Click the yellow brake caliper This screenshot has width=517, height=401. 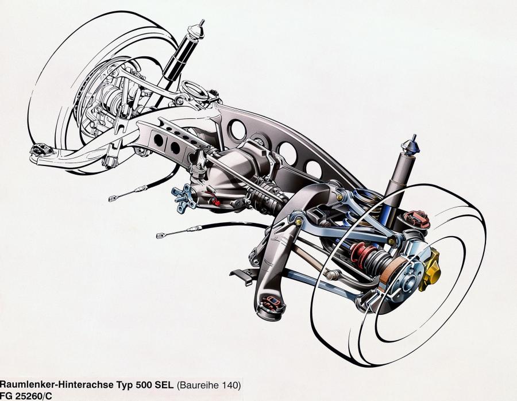(x=430, y=270)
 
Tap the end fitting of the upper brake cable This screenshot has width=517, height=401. (x=113, y=199)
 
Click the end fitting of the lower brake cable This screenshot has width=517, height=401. (x=161, y=236)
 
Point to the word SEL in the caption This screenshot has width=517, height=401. (x=163, y=385)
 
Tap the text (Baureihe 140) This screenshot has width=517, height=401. (x=209, y=385)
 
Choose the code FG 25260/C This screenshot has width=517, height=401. (x=26, y=396)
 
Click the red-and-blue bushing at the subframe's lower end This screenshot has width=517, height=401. (x=272, y=303)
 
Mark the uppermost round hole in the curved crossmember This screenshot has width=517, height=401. (x=238, y=130)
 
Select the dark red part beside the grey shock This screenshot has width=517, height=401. (x=417, y=218)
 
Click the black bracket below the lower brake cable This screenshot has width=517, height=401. (x=242, y=275)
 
